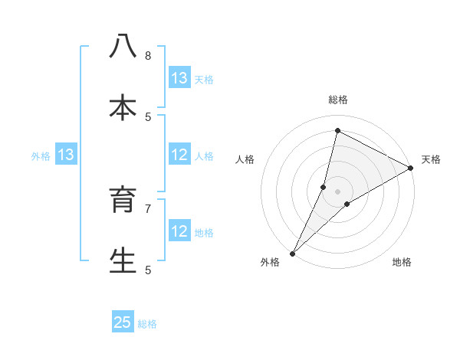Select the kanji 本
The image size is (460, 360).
pos(123,107)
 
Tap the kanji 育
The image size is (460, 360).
pos(123,201)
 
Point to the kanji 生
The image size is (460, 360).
pos(123,260)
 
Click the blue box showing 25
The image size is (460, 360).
pos(123,322)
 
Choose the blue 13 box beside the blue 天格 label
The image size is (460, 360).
pos(179,78)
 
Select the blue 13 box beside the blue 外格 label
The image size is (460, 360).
pos(65,155)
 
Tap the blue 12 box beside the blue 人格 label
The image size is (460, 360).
pos(179,155)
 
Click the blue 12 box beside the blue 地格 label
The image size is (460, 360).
pos(179,231)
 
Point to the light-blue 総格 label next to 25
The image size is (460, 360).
pos(147,324)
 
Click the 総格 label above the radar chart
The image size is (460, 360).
pos(338,100)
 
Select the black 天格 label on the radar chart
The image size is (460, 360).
pos(431,159)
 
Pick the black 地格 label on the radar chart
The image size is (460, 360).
pos(402,263)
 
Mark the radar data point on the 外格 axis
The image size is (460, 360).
pos(293,253)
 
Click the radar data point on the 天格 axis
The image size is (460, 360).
pos(411,169)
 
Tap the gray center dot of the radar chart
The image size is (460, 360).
pos(338,191)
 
